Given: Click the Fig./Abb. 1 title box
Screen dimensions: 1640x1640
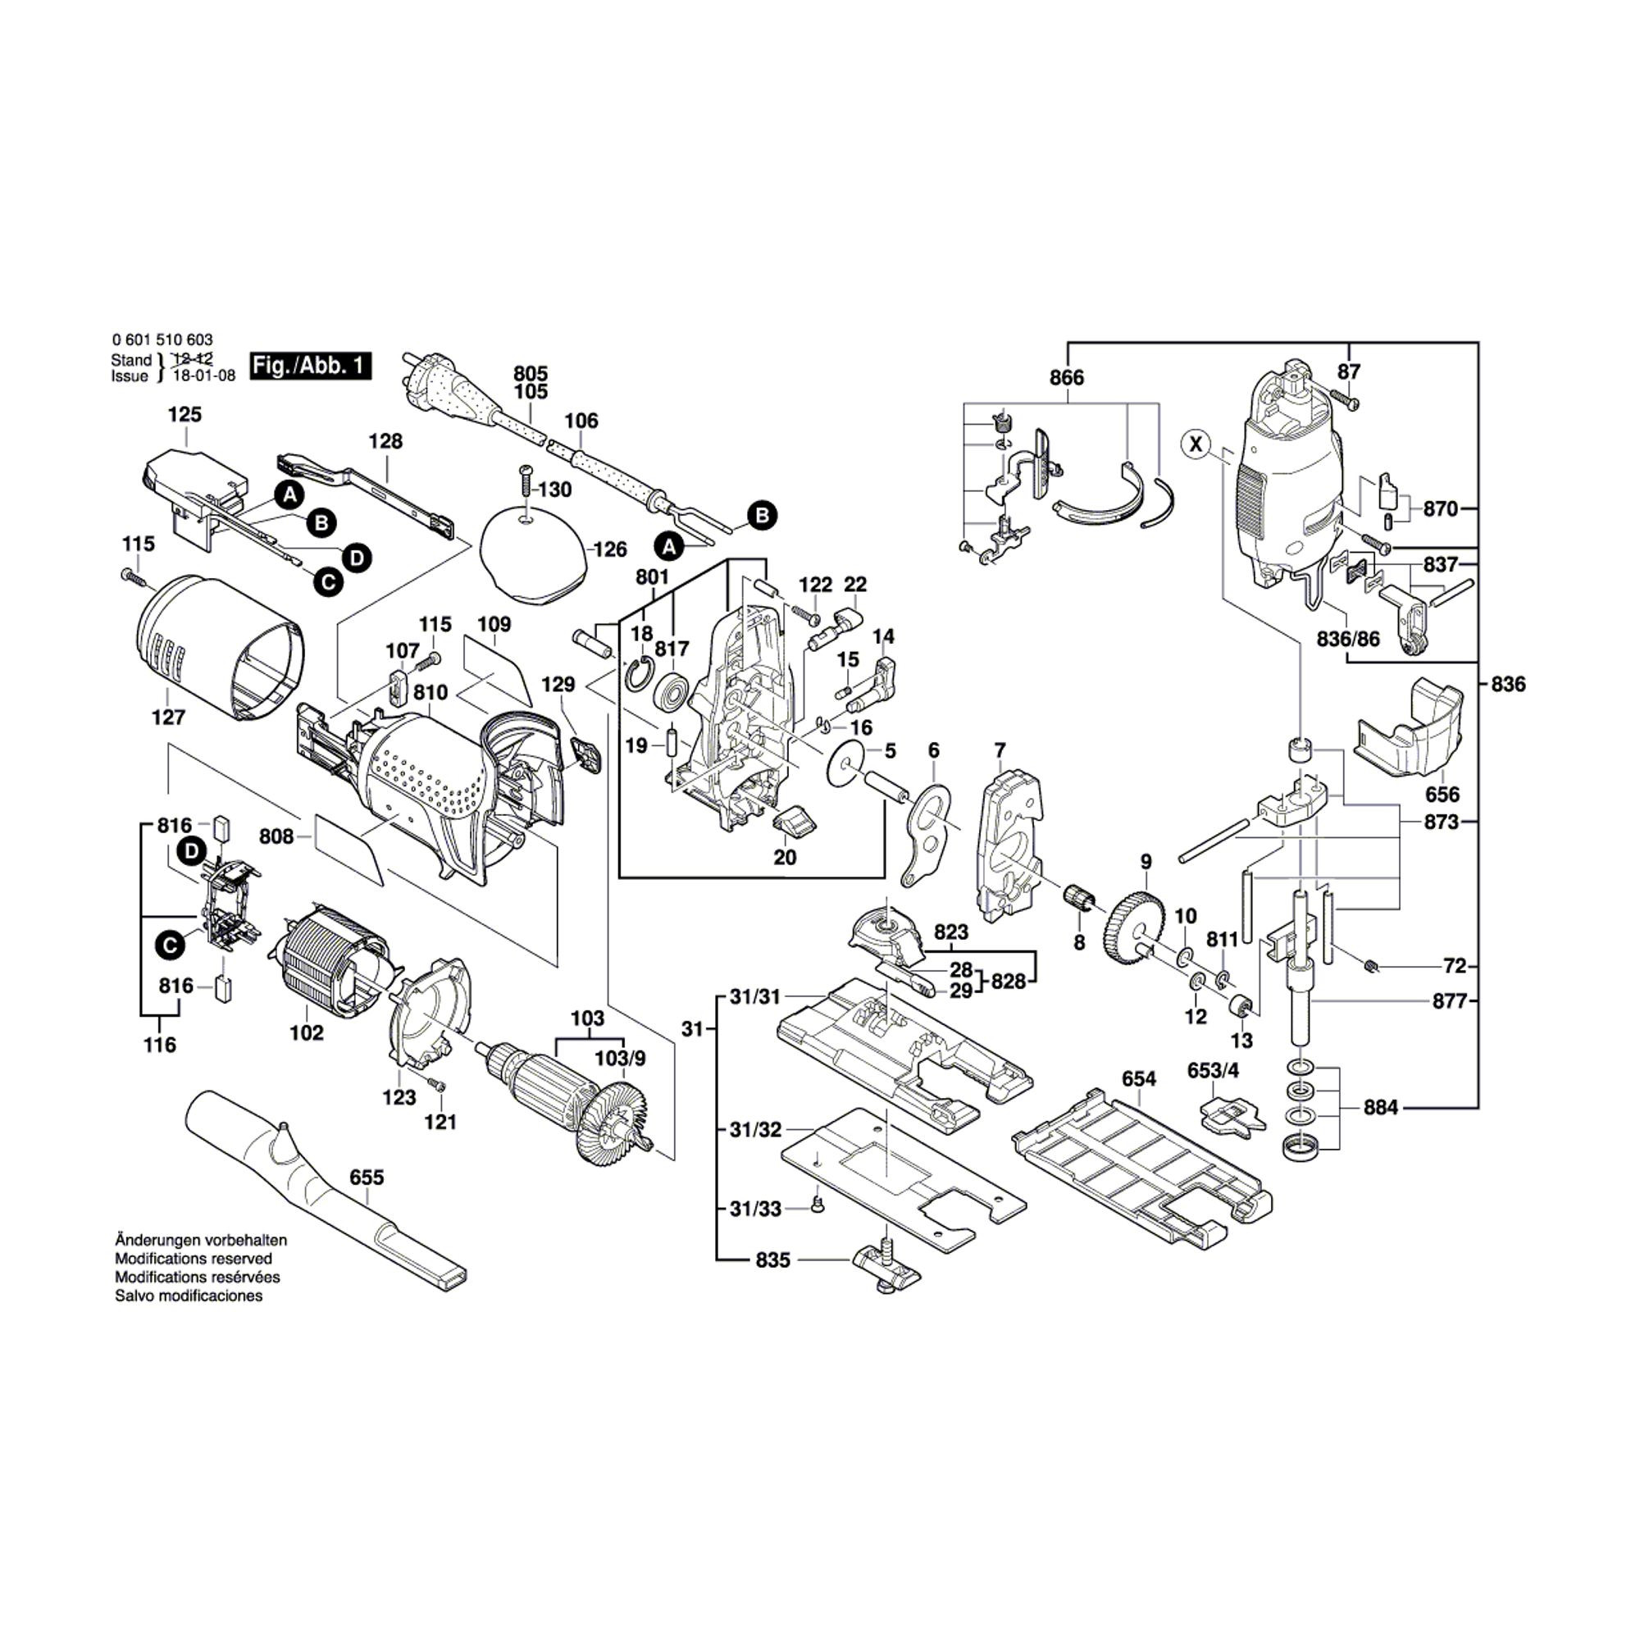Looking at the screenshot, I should (311, 366).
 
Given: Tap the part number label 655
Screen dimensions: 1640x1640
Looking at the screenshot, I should (367, 1178).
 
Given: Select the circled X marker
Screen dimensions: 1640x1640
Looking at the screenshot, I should (1196, 443).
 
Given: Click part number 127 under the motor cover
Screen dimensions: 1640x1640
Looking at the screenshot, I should (168, 717).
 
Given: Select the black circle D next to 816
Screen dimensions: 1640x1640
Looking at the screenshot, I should (192, 850).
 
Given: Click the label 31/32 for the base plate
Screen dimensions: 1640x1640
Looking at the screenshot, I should (755, 1130).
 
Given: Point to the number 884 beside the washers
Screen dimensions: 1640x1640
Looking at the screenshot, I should (1380, 1107).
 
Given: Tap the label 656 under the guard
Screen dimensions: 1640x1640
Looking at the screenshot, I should (1442, 795).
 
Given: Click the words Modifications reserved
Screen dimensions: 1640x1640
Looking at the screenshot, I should (194, 1259).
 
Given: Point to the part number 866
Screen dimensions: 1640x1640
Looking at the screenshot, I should (1066, 378).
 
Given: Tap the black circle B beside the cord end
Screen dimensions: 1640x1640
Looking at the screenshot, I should (762, 515).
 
